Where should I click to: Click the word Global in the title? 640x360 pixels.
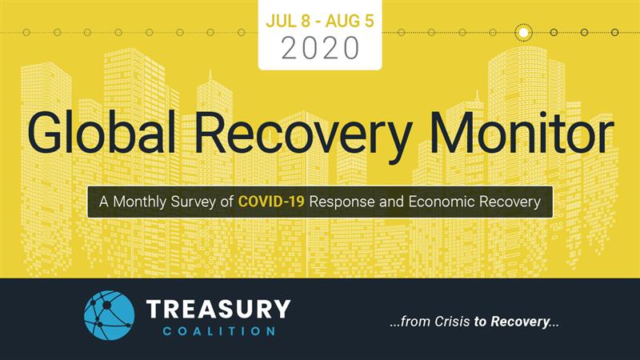102,133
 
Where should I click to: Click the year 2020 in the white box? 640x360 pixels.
321,48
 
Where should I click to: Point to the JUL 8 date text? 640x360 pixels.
288,22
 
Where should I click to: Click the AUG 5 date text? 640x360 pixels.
350,22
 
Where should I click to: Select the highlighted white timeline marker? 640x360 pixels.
523,32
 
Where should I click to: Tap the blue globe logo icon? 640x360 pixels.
109,315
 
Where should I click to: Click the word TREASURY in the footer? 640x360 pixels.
218,309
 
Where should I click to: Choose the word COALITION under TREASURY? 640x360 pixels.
219,331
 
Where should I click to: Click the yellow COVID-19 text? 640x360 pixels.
271,202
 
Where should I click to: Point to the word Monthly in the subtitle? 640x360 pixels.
139,202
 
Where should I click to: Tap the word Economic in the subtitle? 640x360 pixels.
442,202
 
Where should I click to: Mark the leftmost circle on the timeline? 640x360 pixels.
26,32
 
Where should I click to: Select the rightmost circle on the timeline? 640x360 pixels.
614,32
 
